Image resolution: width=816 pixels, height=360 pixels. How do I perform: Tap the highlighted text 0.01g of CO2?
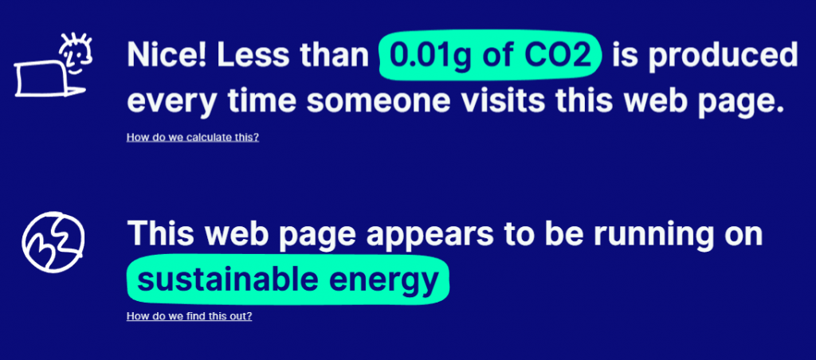pyautogui.click(x=491, y=56)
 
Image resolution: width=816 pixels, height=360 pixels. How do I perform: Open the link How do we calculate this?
pyautogui.click(x=193, y=138)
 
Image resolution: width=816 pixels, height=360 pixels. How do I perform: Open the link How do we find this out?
pyautogui.click(x=190, y=316)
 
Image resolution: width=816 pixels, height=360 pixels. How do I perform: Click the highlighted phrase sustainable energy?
pyautogui.click(x=288, y=280)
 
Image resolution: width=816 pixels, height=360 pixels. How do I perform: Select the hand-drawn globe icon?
pyautogui.click(x=53, y=242)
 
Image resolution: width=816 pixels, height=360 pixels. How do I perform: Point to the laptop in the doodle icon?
pyautogui.click(x=45, y=79)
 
